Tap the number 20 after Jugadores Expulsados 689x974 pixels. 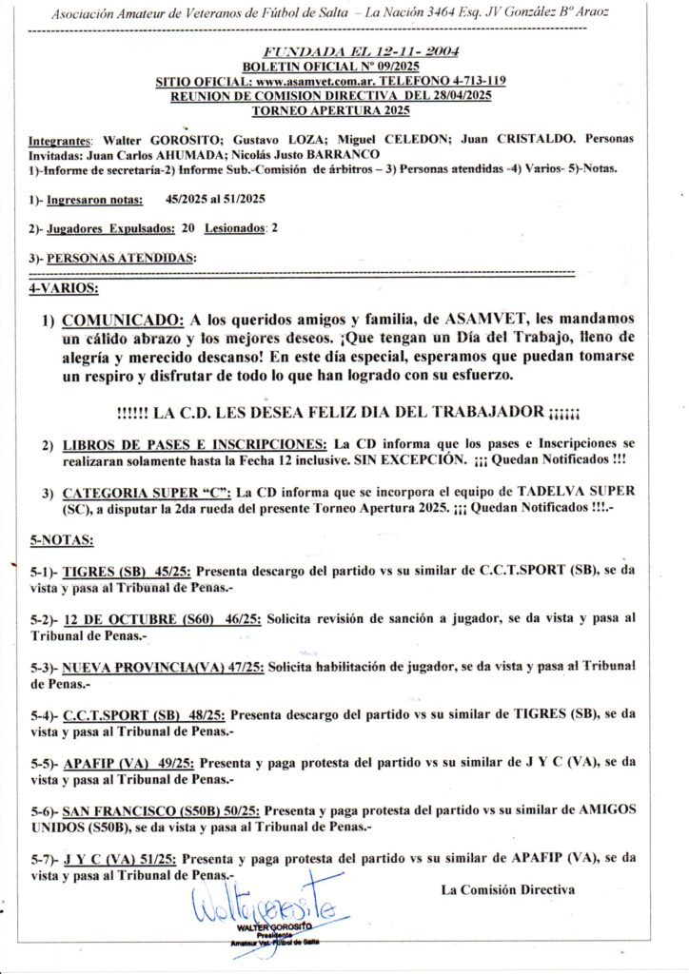(x=188, y=229)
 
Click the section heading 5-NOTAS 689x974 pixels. (x=63, y=539)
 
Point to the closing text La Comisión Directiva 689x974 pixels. (x=507, y=890)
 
